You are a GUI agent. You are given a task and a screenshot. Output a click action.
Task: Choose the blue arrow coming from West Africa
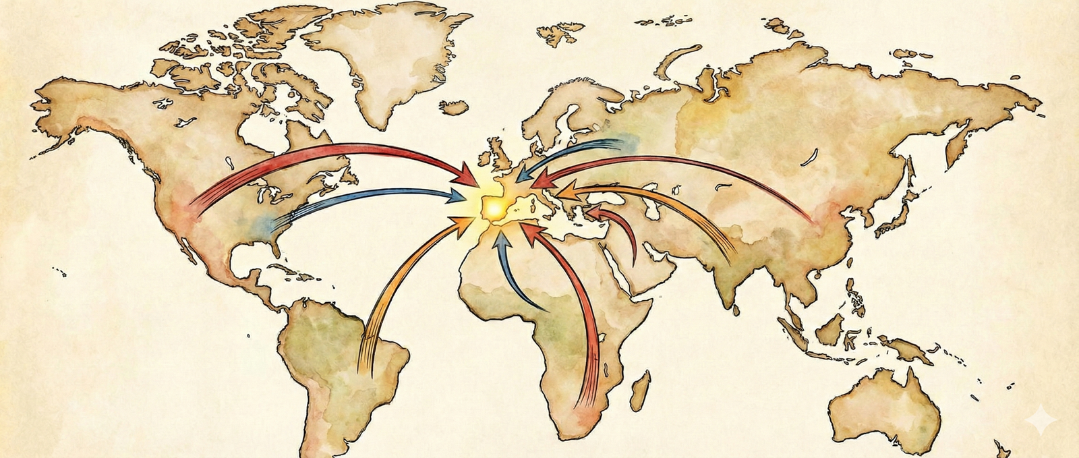(513, 277)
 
